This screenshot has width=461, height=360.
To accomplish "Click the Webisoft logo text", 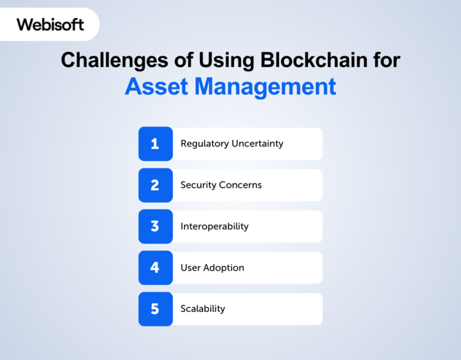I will pos(50,25).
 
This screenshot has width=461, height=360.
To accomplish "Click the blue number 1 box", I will pos(155,144).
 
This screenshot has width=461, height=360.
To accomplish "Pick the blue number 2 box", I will pos(155,185).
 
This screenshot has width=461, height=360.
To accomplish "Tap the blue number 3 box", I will pos(155,226).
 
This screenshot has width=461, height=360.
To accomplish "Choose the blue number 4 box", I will pos(155,268).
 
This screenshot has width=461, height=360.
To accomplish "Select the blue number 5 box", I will pos(155,309).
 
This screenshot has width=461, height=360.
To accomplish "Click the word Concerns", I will pos(241,185).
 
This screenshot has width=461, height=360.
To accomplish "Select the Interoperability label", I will pos(214,226).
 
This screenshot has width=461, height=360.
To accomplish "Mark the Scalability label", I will pos(203,309).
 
